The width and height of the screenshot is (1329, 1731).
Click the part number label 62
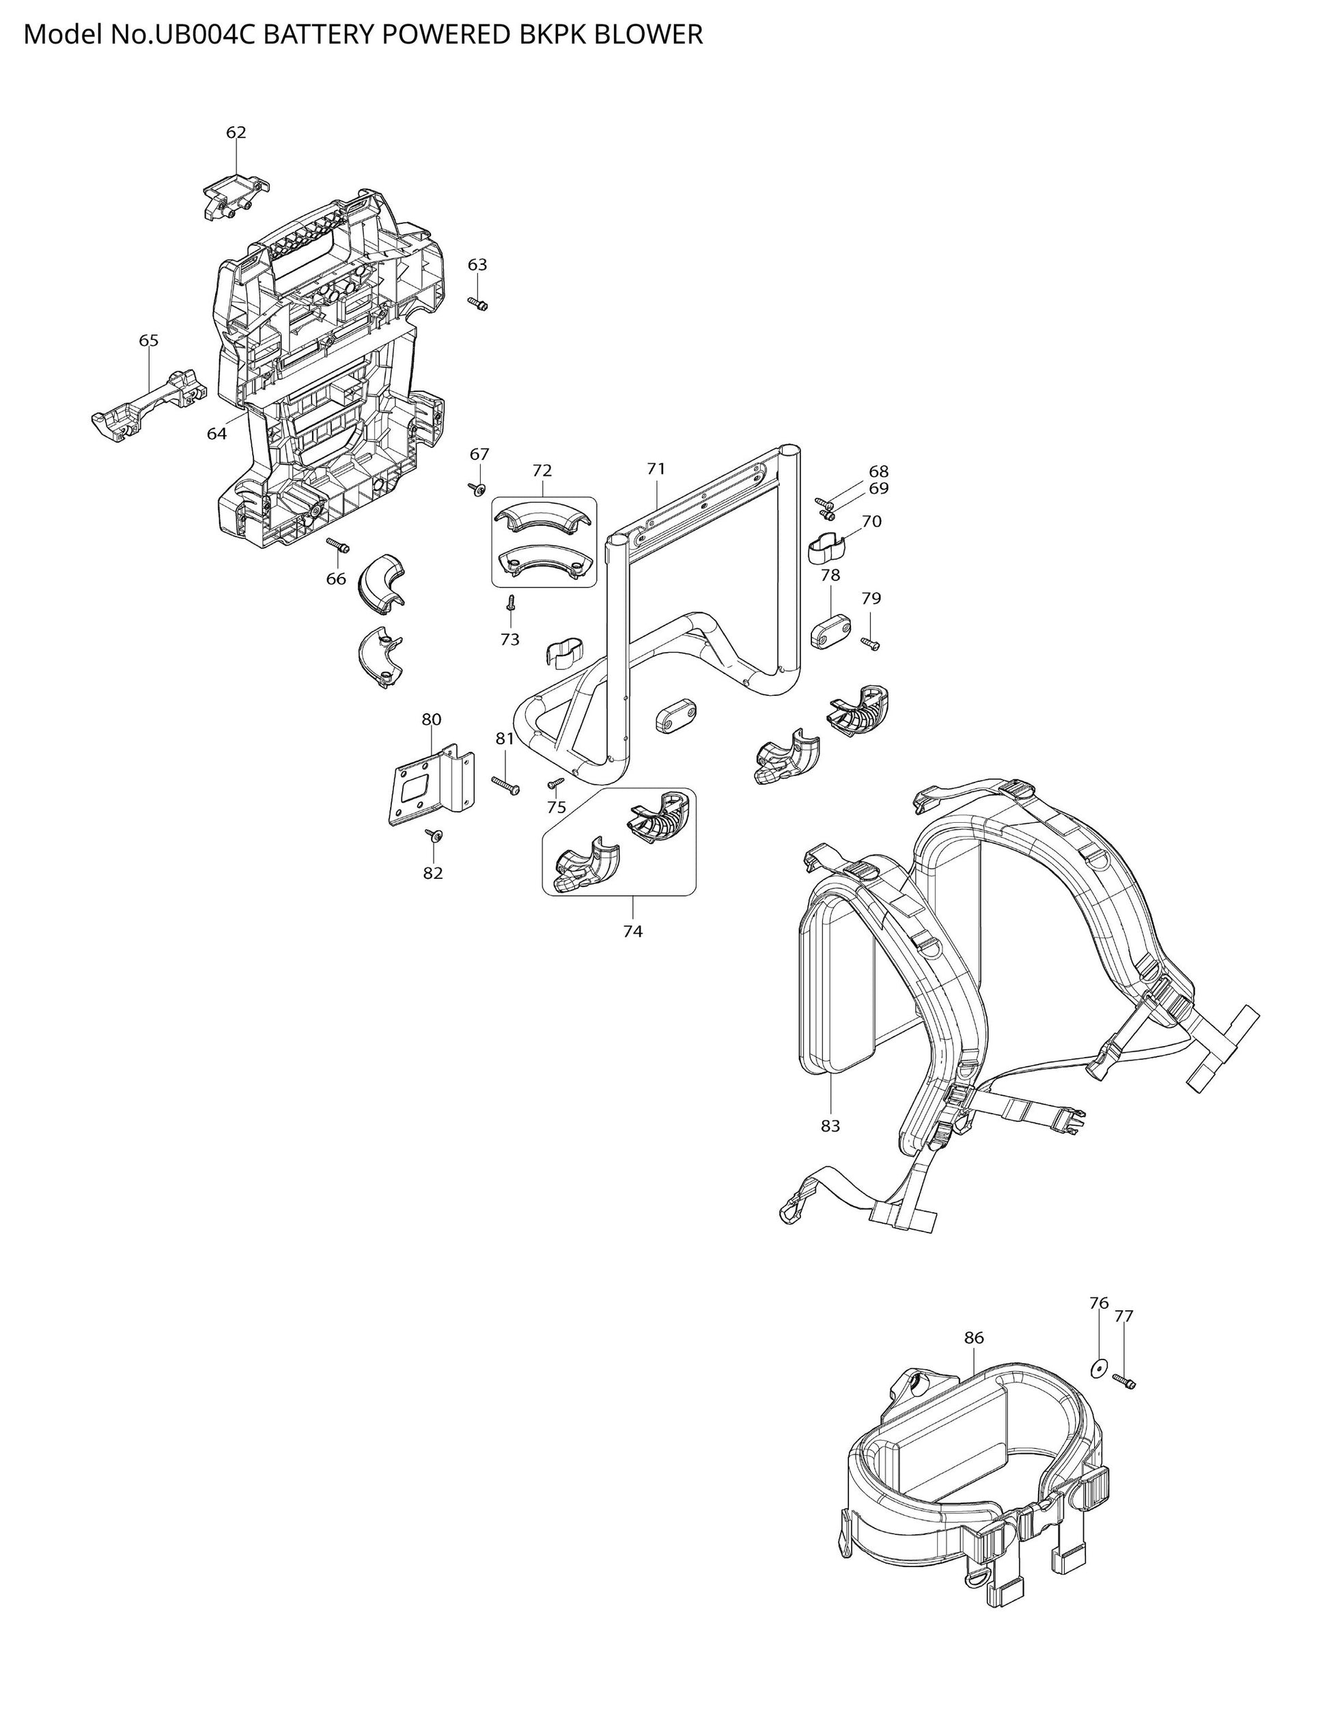pyautogui.click(x=236, y=133)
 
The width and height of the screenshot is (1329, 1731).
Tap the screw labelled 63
pyautogui.click(x=478, y=303)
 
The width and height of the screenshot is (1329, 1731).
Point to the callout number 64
pyautogui.click(x=216, y=434)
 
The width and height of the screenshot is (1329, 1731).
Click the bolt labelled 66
pyautogui.click(x=338, y=545)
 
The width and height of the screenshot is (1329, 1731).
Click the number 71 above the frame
pyautogui.click(x=656, y=469)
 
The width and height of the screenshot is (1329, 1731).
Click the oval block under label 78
pyautogui.click(x=831, y=632)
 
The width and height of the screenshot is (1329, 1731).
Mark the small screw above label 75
pyautogui.click(x=556, y=782)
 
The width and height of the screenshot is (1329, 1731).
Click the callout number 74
pyautogui.click(x=633, y=931)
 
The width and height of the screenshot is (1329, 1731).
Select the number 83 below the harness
pyautogui.click(x=830, y=1125)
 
